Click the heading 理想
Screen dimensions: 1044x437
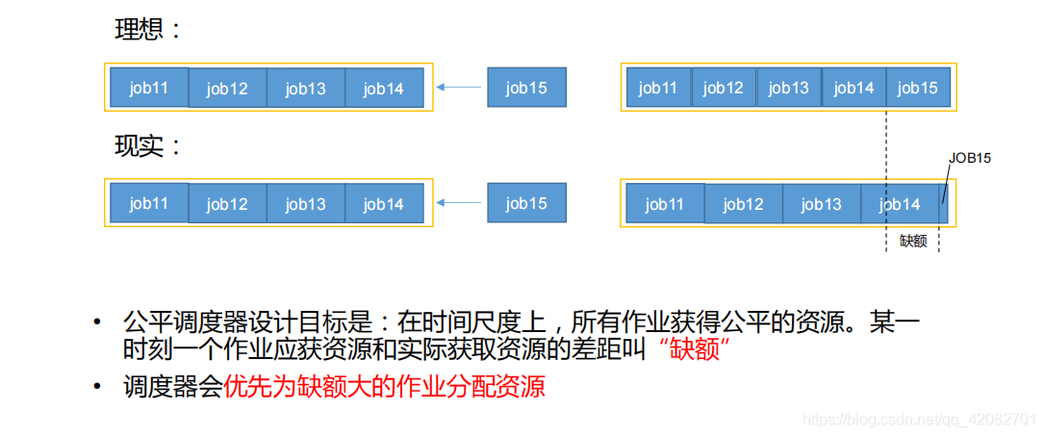click(x=139, y=30)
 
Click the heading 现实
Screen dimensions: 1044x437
click(x=139, y=146)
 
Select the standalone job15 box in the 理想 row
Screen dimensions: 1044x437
click(x=526, y=88)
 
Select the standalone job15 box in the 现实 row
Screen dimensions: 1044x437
click(x=526, y=202)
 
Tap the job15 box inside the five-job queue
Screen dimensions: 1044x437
click(x=918, y=88)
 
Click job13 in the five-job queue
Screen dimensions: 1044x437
click(x=789, y=88)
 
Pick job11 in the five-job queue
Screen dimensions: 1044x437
click(x=658, y=88)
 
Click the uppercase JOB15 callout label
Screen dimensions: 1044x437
click(x=970, y=160)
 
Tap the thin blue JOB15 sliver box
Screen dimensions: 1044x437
click(x=943, y=203)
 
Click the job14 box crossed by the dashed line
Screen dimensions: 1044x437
click(x=900, y=203)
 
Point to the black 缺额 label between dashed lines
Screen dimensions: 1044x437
click(x=913, y=241)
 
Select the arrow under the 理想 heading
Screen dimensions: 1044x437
click(x=458, y=87)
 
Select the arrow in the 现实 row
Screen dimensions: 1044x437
click(x=458, y=202)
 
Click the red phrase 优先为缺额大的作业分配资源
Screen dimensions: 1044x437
click(x=384, y=387)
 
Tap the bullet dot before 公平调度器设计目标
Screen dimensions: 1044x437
click(x=98, y=323)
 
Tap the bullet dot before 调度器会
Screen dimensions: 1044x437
click(x=98, y=387)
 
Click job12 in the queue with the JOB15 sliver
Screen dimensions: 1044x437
click(x=744, y=203)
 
